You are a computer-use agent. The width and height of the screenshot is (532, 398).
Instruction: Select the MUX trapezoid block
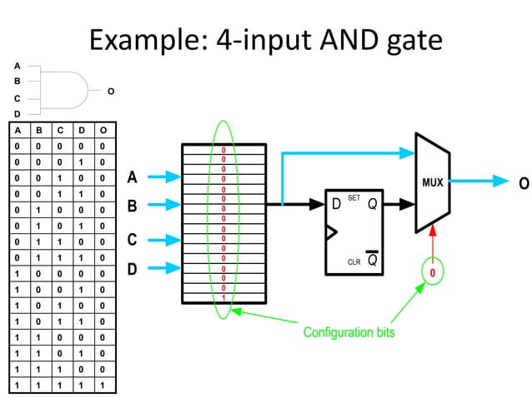[433, 182]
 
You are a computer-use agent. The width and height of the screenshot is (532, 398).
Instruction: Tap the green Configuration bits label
[349, 332]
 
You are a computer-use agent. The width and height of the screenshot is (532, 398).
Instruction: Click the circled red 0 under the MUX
[433, 272]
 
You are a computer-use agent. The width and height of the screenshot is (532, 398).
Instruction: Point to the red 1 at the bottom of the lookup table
[223, 297]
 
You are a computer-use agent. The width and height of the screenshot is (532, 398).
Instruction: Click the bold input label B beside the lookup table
[132, 205]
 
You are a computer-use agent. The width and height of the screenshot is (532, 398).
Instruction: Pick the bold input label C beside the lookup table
[132, 240]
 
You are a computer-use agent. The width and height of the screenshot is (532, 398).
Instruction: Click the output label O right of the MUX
[523, 183]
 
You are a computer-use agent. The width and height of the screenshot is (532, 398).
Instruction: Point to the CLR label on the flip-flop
[354, 261]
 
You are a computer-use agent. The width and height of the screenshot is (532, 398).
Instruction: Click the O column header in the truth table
[102, 131]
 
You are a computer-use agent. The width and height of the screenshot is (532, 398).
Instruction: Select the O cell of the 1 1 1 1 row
[102, 386]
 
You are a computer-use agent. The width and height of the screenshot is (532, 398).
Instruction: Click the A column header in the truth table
[17, 131]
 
